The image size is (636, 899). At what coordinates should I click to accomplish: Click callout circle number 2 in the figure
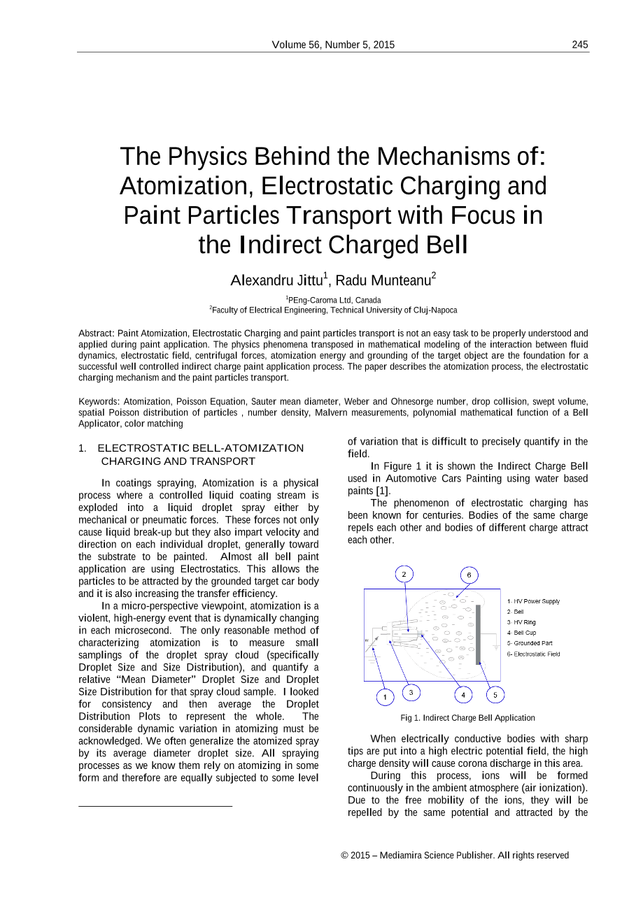click(x=404, y=574)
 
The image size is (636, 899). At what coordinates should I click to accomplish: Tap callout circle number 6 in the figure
click(x=469, y=575)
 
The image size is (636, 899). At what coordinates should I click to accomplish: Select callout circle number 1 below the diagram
click(x=384, y=696)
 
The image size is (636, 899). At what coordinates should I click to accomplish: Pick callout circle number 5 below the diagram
click(x=495, y=695)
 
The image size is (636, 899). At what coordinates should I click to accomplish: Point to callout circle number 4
click(x=463, y=695)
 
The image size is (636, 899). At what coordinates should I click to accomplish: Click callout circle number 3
click(x=411, y=693)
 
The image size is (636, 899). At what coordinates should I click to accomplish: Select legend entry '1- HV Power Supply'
click(x=533, y=601)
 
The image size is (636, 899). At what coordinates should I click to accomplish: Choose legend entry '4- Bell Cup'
click(x=521, y=633)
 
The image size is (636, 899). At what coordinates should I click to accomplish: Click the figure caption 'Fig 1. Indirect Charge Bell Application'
click(x=467, y=718)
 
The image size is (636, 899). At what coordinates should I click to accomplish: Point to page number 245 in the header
click(x=579, y=45)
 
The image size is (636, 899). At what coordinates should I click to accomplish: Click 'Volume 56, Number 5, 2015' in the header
click(x=333, y=45)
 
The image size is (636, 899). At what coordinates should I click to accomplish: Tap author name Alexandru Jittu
click(x=277, y=281)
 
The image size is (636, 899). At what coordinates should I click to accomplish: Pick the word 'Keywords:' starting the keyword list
click(x=99, y=402)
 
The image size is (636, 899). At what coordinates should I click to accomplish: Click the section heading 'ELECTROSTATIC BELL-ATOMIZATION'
click(x=201, y=448)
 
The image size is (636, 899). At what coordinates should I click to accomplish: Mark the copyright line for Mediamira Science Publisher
click(x=455, y=855)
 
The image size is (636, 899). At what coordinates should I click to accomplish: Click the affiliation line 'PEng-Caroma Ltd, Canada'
click(x=334, y=300)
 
